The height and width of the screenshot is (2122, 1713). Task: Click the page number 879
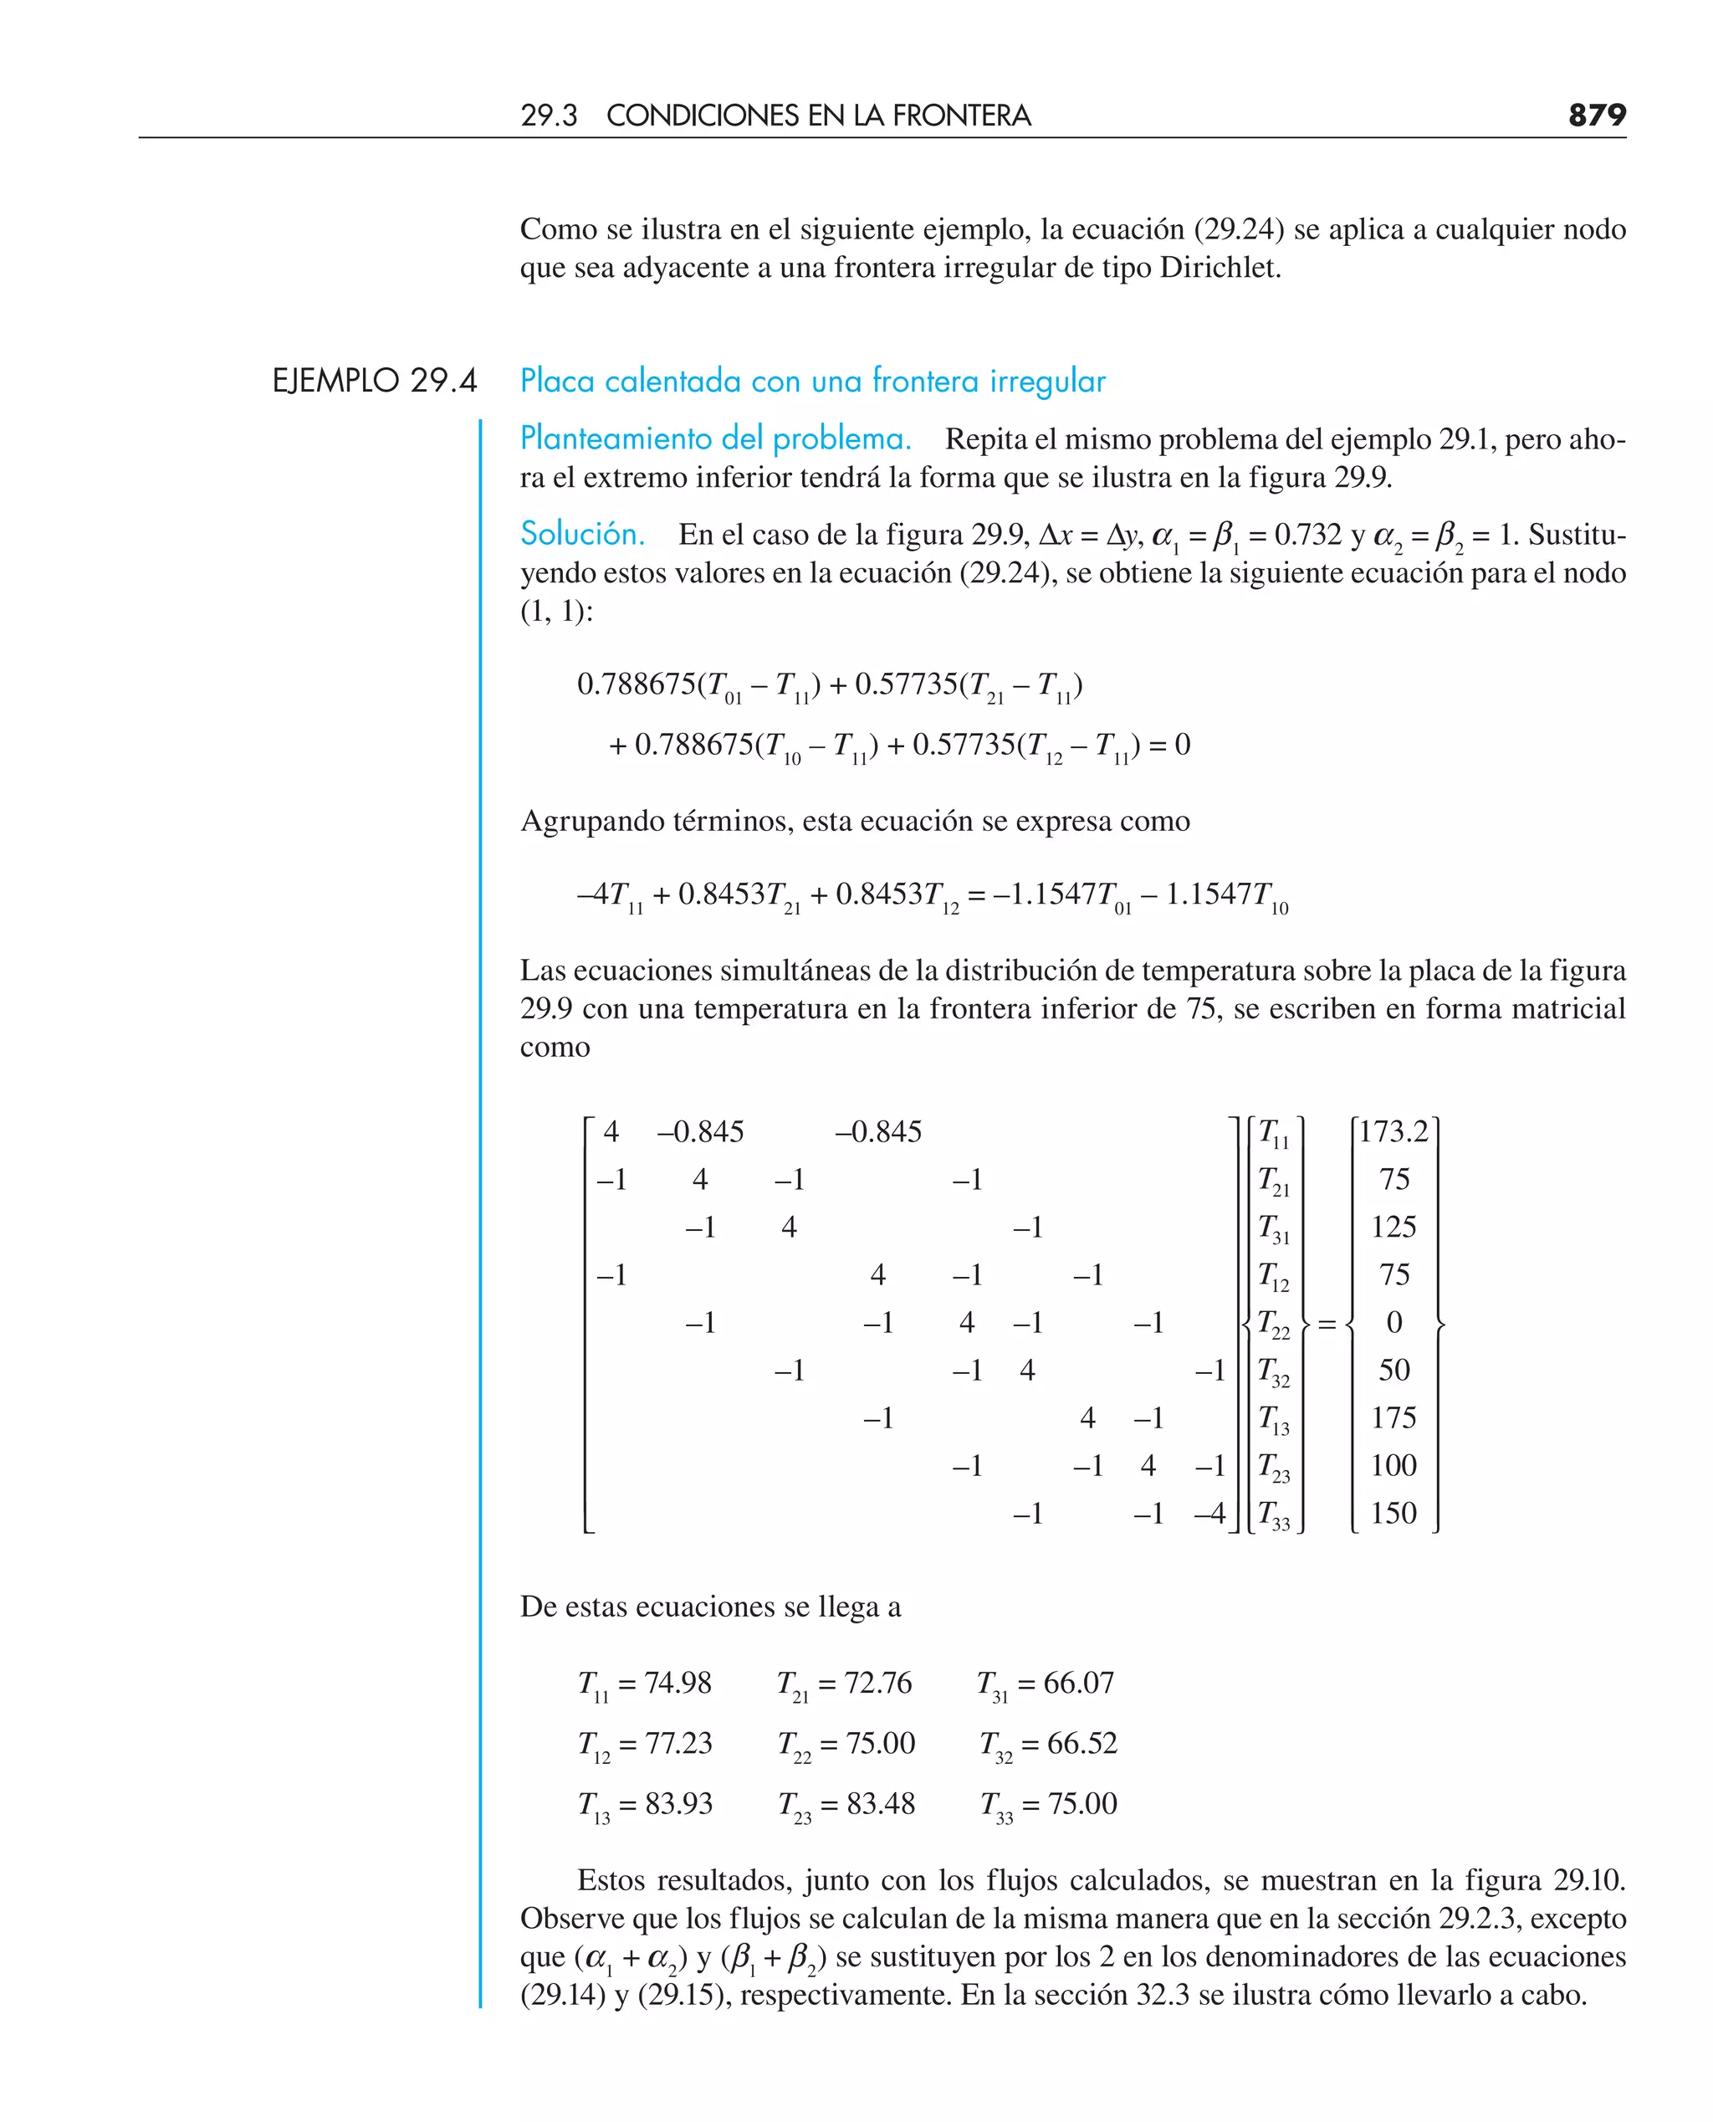pos(1597,115)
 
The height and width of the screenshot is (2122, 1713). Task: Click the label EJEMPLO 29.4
pos(374,381)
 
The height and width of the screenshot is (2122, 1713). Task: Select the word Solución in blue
pos(582,534)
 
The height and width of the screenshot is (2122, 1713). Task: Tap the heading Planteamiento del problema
pos(715,438)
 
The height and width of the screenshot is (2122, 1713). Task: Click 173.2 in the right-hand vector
pos(1393,1131)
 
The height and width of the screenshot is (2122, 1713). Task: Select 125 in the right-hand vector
pos(1393,1227)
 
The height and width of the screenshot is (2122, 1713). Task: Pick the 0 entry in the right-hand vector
pos(1394,1323)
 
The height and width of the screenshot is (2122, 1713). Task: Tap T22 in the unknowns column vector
pos(1273,1324)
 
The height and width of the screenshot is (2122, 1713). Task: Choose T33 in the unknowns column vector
pos(1273,1515)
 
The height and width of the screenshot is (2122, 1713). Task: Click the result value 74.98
pos(677,1683)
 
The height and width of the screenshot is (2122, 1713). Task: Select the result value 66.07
pos(1077,1683)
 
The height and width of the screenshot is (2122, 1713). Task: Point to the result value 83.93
pos(678,1803)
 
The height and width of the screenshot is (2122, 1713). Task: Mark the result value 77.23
pos(678,1743)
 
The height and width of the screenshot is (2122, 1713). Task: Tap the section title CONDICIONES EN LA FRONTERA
pos(818,115)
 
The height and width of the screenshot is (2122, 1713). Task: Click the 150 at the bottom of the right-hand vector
pos(1393,1513)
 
